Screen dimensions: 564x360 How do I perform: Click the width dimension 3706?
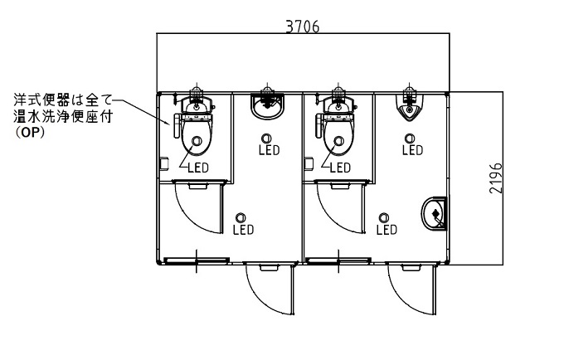(x=302, y=27)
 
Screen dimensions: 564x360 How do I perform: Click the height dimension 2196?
(x=496, y=178)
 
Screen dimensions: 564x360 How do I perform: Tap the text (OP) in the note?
(x=30, y=133)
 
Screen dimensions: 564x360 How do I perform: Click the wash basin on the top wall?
(x=267, y=105)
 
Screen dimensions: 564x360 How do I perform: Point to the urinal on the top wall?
(x=409, y=107)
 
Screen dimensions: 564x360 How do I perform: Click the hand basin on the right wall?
(x=434, y=214)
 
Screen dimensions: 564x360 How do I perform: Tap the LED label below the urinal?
(x=412, y=150)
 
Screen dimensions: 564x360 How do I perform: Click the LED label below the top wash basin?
(x=270, y=150)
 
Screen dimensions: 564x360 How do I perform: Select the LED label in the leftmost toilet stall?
(x=198, y=168)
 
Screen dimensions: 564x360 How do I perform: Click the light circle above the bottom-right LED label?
(x=384, y=217)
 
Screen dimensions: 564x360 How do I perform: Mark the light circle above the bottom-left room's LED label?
(x=241, y=217)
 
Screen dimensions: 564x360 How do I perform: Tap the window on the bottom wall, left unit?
(x=197, y=260)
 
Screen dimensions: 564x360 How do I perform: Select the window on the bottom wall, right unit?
(x=338, y=260)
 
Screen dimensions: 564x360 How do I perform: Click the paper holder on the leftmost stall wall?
(x=164, y=163)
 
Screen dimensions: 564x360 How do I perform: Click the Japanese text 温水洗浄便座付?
(x=63, y=116)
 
